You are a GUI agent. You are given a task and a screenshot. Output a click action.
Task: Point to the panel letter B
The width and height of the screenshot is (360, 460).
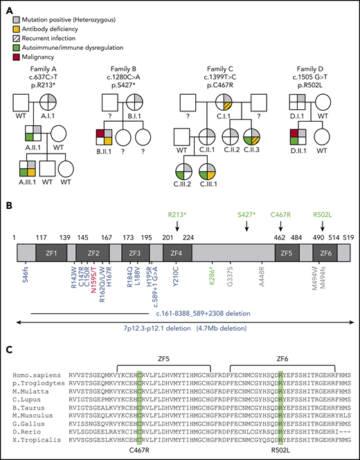[8, 205]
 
